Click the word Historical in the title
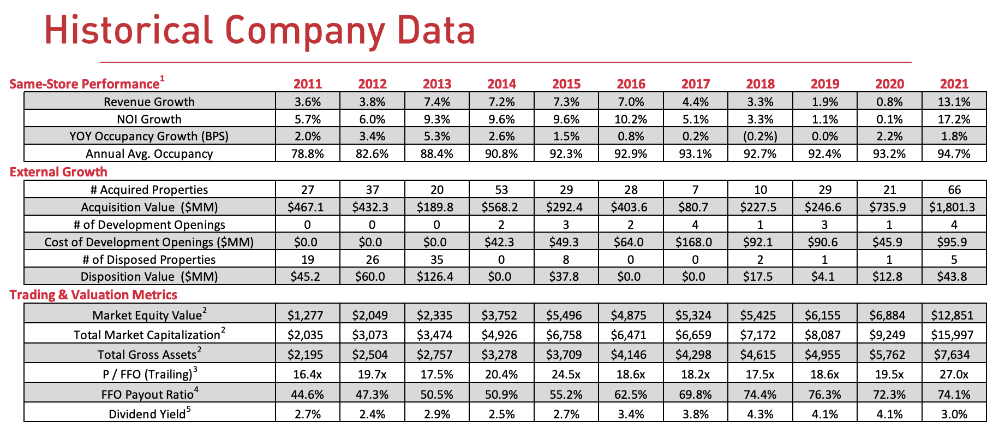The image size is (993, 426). coord(128,30)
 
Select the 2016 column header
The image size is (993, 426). coord(631,84)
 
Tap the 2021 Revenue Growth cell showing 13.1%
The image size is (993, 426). coord(954,102)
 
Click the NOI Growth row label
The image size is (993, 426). coord(149,119)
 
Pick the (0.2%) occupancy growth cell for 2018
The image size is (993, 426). coord(760,136)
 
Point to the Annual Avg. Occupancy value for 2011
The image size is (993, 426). coord(308,153)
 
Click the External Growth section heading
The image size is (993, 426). coord(58,172)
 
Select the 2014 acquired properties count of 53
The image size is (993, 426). coord(501,190)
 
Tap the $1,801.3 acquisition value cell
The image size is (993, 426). coord(954,207)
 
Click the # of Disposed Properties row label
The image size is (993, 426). coord(149,259)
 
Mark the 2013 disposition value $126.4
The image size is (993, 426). coord(436,276)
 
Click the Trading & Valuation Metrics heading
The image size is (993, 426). coord(93,295)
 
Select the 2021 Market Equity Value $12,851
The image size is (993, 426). coord(954,315)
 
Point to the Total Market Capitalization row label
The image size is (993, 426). coord(149,335)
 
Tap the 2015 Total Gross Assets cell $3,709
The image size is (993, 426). coord(566,354)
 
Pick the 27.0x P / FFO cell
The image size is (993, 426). coord(954,374)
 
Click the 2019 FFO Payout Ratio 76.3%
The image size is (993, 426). coord(824,394)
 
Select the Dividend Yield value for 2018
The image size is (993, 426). coord(760,414)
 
